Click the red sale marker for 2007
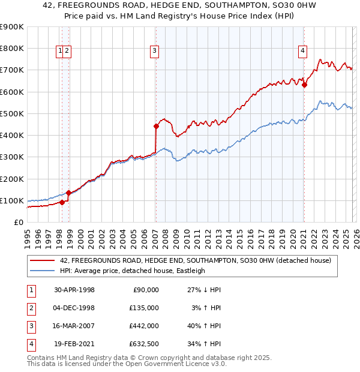click(x=156, y=126)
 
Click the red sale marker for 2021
click(x=304, y=85)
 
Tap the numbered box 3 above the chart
click(x=154, y=52)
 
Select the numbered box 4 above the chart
click(x=303, y=52)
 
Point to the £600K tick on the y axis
click(x=12, y=92)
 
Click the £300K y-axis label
click(x=12, y=157)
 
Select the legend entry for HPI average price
click(x=133, y=271)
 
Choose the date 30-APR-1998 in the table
click(x=74, y=290)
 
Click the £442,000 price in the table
click(x=144, y=326)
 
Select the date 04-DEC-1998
click(x=74, y=308)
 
